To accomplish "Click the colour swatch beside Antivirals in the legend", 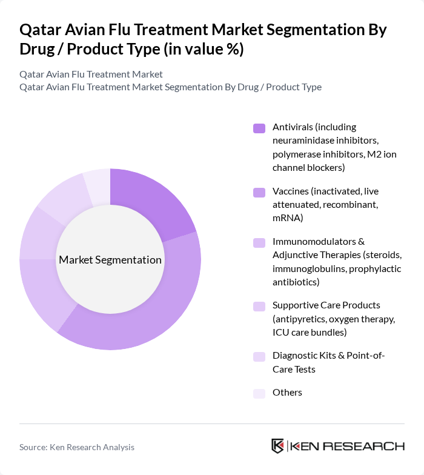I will [x=259, y=128].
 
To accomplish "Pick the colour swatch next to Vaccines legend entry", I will [x=259, y=192].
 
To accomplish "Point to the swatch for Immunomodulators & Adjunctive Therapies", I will [x=259, y=242].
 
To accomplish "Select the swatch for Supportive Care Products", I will [x=259, y=306].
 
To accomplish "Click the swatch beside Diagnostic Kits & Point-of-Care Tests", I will [x=259, y=356].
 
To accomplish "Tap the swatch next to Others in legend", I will [x=259, y=393].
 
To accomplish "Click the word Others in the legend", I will [x=287, y=393].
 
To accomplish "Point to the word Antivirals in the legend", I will [x=293, y=127].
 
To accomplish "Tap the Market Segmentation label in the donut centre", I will [x=110, y=260].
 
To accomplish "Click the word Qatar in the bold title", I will [x=40, y=30].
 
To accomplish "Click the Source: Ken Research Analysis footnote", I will [x=77, y=447].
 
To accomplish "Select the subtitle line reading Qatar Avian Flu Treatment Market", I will [x=91, y=75].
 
